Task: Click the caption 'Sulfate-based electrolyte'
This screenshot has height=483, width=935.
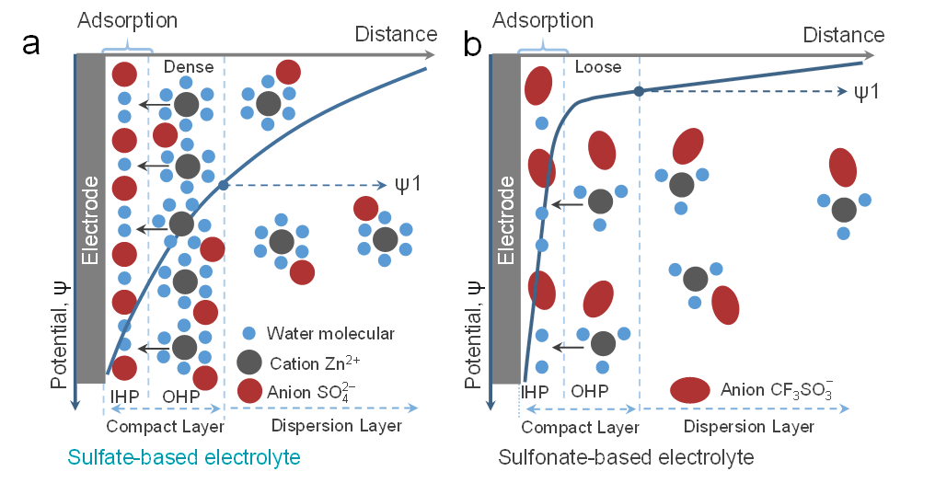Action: click(184, 457)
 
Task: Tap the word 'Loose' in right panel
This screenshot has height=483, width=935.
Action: click(598, 67)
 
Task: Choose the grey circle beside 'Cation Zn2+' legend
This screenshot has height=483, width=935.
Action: click(248, 362)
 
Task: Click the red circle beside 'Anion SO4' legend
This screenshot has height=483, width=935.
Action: click(248, 391)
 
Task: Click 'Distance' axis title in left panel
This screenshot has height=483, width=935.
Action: click(397, 34)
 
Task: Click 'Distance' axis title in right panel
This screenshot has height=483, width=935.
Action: click(844, 35)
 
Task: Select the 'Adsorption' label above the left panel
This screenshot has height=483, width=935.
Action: click(127, 19)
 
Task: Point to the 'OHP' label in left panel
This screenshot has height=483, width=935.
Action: click(180, 396)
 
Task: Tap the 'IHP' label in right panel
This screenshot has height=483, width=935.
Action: click(536, 391)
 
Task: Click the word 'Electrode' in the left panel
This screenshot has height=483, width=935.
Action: click(89, 221)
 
